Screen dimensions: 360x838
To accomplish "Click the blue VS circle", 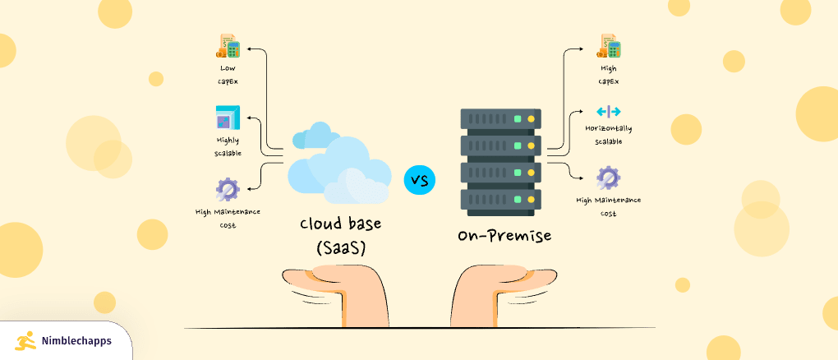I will [420, 179].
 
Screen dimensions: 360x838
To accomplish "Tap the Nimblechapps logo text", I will [76, 340].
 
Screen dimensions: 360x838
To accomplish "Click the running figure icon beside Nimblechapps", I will [25, 340].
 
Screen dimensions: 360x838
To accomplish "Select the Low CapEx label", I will [228, 75].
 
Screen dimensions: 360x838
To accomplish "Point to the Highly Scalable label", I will [228, 145].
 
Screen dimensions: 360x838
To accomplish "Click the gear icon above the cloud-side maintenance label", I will [228, 190].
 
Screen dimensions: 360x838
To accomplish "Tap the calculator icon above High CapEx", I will [608, 47].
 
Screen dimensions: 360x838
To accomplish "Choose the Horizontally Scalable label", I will [608, 135].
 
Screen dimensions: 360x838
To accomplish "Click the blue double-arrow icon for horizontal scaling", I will [608, 111].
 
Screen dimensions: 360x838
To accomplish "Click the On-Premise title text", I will [504, 237].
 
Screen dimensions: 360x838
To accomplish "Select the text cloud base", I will [340, 224].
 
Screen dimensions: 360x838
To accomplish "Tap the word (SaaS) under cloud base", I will [340, 247].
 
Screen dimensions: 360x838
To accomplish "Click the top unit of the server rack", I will [500, 119].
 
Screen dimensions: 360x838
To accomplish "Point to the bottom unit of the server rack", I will [500, 199].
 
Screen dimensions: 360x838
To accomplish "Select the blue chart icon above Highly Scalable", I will [227, 118].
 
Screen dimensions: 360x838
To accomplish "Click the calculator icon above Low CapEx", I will [228, 46].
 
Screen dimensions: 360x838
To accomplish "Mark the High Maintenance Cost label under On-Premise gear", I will [608, 206].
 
